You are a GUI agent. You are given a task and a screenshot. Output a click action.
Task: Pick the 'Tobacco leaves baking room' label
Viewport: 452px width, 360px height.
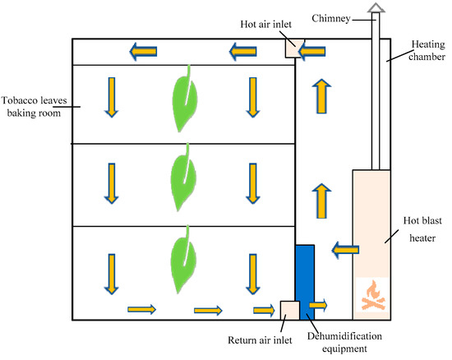32,103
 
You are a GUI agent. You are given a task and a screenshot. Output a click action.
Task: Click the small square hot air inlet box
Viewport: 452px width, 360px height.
294,49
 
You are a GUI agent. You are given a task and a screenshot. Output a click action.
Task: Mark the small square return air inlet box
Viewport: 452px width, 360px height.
289,311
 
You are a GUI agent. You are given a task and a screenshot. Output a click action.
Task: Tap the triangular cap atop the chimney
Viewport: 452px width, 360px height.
376,8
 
